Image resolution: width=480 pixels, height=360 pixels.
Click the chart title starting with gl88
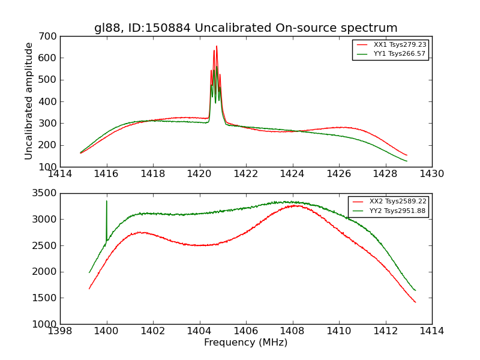click(245, 28)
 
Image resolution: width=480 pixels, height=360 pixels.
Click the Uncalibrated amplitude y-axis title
click(29, 101)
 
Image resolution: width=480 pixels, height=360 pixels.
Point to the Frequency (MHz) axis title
click(245, 343)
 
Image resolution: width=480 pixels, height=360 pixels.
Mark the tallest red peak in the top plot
click(217, 46)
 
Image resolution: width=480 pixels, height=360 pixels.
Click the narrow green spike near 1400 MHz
click(107, 202)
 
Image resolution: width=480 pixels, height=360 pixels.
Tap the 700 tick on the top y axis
click(49, 36)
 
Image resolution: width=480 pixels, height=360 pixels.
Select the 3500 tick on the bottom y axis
click(44, 193)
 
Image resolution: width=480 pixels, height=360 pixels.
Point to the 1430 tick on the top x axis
click(431, 174)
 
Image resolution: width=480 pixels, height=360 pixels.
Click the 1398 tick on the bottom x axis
click(60, 331)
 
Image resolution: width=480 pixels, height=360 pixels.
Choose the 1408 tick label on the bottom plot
click(292, 331)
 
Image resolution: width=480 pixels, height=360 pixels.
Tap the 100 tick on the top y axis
click(49, 167)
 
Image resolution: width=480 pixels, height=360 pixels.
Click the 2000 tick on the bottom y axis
click(44, 272)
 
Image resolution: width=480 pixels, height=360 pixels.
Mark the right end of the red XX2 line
click(415, 302)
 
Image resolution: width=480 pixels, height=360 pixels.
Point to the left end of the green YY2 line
click(89, 272)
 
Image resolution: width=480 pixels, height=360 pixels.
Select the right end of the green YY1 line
click(407, 161)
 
